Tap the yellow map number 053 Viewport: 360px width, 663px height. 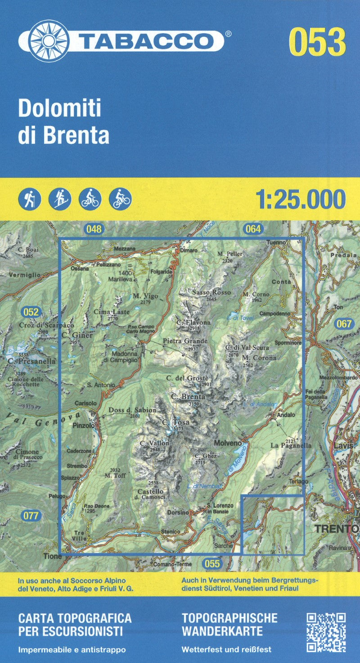pos(318,42)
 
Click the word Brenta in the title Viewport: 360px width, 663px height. pos(76,135)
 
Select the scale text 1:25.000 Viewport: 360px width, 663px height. pos(301,199)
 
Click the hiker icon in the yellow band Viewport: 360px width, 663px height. pos(30,198)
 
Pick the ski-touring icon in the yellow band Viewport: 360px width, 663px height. pos(60,198)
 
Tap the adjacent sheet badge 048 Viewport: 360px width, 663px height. pos(94,229)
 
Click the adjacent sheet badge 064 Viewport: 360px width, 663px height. pos(253,229)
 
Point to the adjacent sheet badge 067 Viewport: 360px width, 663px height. pos(344,323)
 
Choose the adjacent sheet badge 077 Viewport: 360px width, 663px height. pos(31,515)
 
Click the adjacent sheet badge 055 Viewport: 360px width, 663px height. pos(211,563)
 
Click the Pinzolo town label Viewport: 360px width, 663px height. pos(84,425)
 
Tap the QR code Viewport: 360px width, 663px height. pos(326,632)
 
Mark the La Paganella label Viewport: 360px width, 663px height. pos(291,445)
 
